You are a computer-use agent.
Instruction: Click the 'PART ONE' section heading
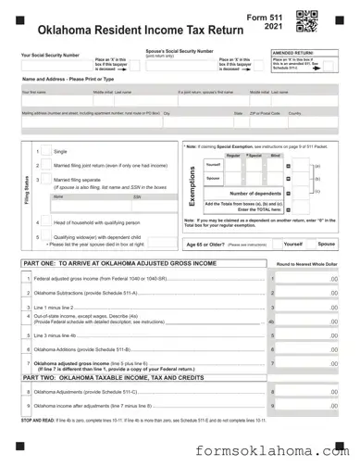tap(119, 264)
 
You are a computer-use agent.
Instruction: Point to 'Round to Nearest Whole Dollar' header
tap(306, 264)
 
